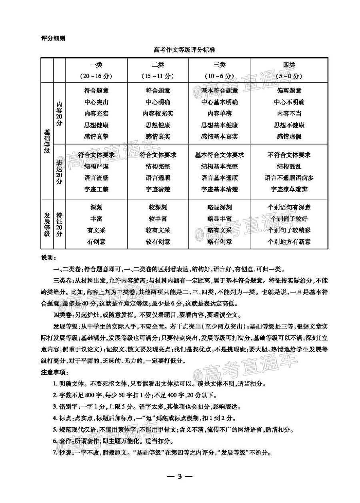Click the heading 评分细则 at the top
tap(53, 39)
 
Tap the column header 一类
tap(96, 65)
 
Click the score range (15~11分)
tap(158, 76)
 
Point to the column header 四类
tap(289, 65)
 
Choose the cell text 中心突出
tap(96, 102)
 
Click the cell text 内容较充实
tap(158, 114)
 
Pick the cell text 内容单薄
tap(220, 114)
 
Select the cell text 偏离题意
tap(289, 91)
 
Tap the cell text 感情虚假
tap(289, 136)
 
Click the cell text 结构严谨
tap(96, 166)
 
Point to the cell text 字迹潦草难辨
tap(289, 189)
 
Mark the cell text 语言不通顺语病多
tap(289, 178)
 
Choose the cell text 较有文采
tap(158, 230)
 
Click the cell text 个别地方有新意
tap(289, 241)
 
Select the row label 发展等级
tap(47, 224)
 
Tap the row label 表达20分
tap(60, 171)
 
